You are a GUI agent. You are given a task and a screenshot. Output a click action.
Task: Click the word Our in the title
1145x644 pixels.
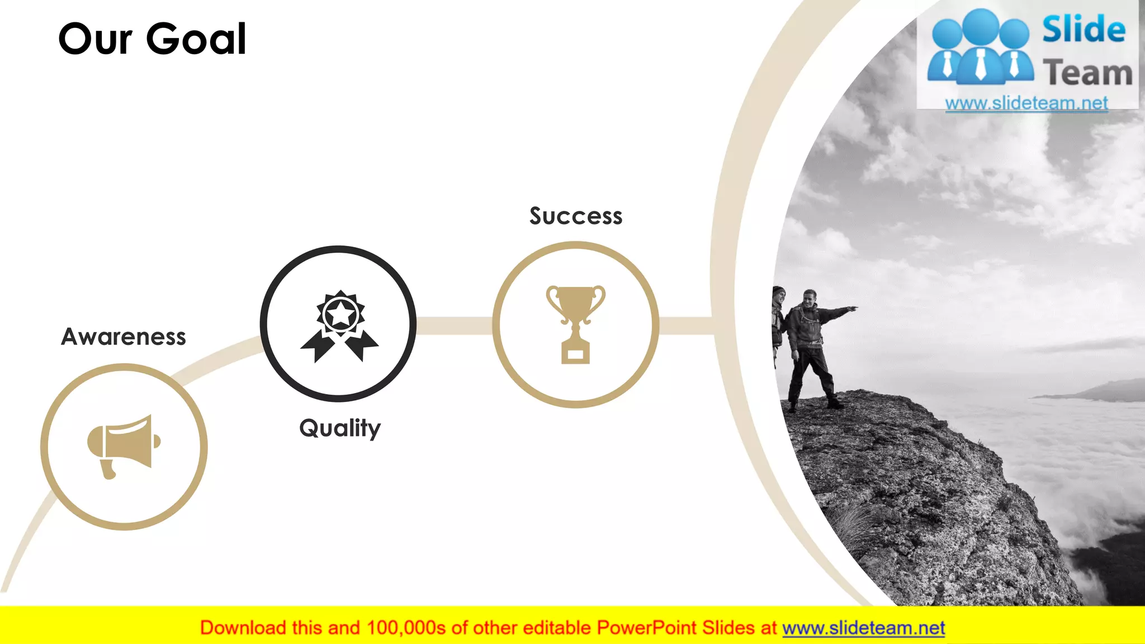[95, 39]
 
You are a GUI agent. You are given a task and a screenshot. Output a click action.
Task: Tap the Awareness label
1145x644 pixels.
[124, 337]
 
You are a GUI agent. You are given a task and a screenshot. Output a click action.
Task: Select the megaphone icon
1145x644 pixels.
[124, 446]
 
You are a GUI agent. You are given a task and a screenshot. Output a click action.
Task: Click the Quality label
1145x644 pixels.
[340, 428]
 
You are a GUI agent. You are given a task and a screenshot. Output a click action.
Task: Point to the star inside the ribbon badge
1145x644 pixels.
[340, 314]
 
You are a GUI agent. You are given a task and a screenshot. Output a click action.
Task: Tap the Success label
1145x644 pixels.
[576, 216]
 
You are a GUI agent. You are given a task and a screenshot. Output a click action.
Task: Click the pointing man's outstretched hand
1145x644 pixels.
[852, 307]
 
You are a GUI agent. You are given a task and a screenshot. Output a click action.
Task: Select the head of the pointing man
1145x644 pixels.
[810, 297]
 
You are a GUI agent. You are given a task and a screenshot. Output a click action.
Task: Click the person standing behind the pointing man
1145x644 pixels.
[778, 319]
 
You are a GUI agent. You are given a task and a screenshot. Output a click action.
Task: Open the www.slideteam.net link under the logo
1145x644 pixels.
[1026, 103]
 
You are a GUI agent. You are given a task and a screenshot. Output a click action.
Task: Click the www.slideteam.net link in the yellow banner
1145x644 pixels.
[863, 628]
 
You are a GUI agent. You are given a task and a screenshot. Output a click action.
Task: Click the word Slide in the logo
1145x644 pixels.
[1084, 30]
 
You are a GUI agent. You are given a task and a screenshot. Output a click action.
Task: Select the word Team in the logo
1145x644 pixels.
[1087, 73]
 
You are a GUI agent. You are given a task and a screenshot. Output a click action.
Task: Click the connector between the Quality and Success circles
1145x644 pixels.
[454, 325]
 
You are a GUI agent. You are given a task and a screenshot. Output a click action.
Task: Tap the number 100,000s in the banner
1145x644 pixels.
[406, 628]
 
